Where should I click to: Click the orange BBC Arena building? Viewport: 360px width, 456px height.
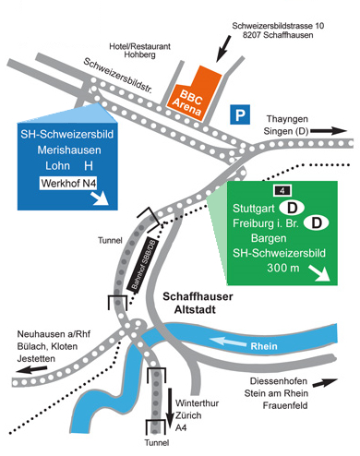pyautogui.click(x=195, y=94)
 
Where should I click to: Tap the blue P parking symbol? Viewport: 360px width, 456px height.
pyautogui.click(x=240, y=114)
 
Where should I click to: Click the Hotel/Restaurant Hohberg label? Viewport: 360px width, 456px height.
pyautogui.click(x=139, y=51)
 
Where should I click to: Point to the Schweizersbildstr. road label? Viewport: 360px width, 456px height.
pyautogui.click(x=118, y=76)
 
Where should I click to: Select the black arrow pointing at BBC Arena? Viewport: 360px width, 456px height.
pyautogui.click(x=223, y=48)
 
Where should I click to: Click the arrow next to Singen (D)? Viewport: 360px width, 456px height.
pyautogui.click(x=329, y=131)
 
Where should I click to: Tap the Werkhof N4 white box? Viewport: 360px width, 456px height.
pyautogui.click(x=68, y=183)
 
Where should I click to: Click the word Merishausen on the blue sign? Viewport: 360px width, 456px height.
pyautogui.click(x=69, y=150)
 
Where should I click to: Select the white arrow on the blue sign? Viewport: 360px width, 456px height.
pyautogui.click(x=100, y=198)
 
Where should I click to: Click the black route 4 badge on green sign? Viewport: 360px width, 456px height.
pyautogui.click(x=282, y=191)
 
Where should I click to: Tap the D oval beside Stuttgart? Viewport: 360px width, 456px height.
pyautogui.click(x=292, y=208)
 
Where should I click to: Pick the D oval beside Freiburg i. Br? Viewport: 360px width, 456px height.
pyautogui.click(x=317, y=222)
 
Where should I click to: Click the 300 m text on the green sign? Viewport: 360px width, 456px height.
pyautogui.click(x=283, y=268)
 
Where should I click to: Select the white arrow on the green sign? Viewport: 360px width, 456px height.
pyautogui.click(x=319, y=273)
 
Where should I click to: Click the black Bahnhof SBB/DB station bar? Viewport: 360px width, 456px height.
pyautogui.click(x=142, y=263)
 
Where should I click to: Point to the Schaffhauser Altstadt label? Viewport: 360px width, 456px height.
pyautogui.click(x=198, y=303)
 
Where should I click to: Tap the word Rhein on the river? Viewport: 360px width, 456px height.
pyautogui.click(x=264, y=346)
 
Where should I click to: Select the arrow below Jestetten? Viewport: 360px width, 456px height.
pyautogui.click(x=32, y=369)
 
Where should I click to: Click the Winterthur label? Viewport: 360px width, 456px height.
pyautogui.click(x=197, y=403)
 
